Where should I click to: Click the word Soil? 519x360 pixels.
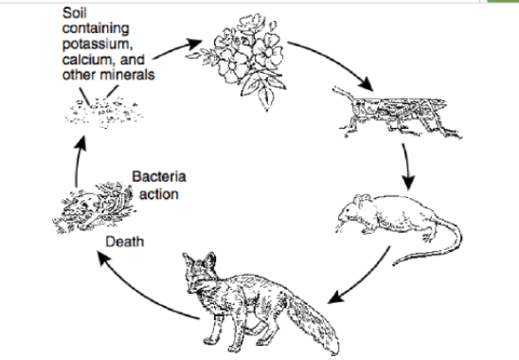click(x=75, y=13)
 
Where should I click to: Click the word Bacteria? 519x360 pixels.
click(x=159, y=176)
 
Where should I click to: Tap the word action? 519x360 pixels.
click(x=159, y=194)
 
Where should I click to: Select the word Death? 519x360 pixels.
click(x=125, y=242)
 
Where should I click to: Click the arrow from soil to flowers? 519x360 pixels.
click(x=177, y=48)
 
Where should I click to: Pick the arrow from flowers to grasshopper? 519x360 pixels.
click(x=334, y=60)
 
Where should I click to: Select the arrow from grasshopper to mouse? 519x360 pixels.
click(x=407, y=167)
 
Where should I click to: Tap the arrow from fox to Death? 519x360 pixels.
click(x=141, y=294)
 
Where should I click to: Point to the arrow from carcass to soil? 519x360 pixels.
click(x=77, y=161)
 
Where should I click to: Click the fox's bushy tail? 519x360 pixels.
click(x=312, y=321)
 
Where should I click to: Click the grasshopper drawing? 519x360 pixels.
click(x=397, y=113)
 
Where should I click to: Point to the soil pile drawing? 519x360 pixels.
click(x=104, y=113)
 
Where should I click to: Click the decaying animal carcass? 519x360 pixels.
click(x=94, y=207)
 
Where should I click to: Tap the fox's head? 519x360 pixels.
click(x=200, y=273)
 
